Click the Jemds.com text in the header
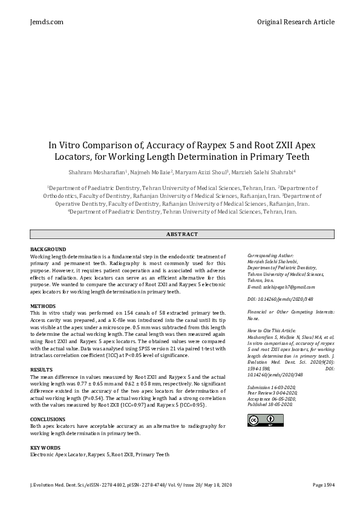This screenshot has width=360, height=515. tap(47, 22)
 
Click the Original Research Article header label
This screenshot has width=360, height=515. tap(295, 22)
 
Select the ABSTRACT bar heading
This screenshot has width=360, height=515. tap(182, 234)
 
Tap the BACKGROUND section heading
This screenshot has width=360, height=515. tap(48, 249)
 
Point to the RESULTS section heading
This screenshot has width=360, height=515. tap(41, 369)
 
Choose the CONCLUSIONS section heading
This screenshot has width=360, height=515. tap(48, 419)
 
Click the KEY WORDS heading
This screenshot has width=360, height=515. tap(45, 447)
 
